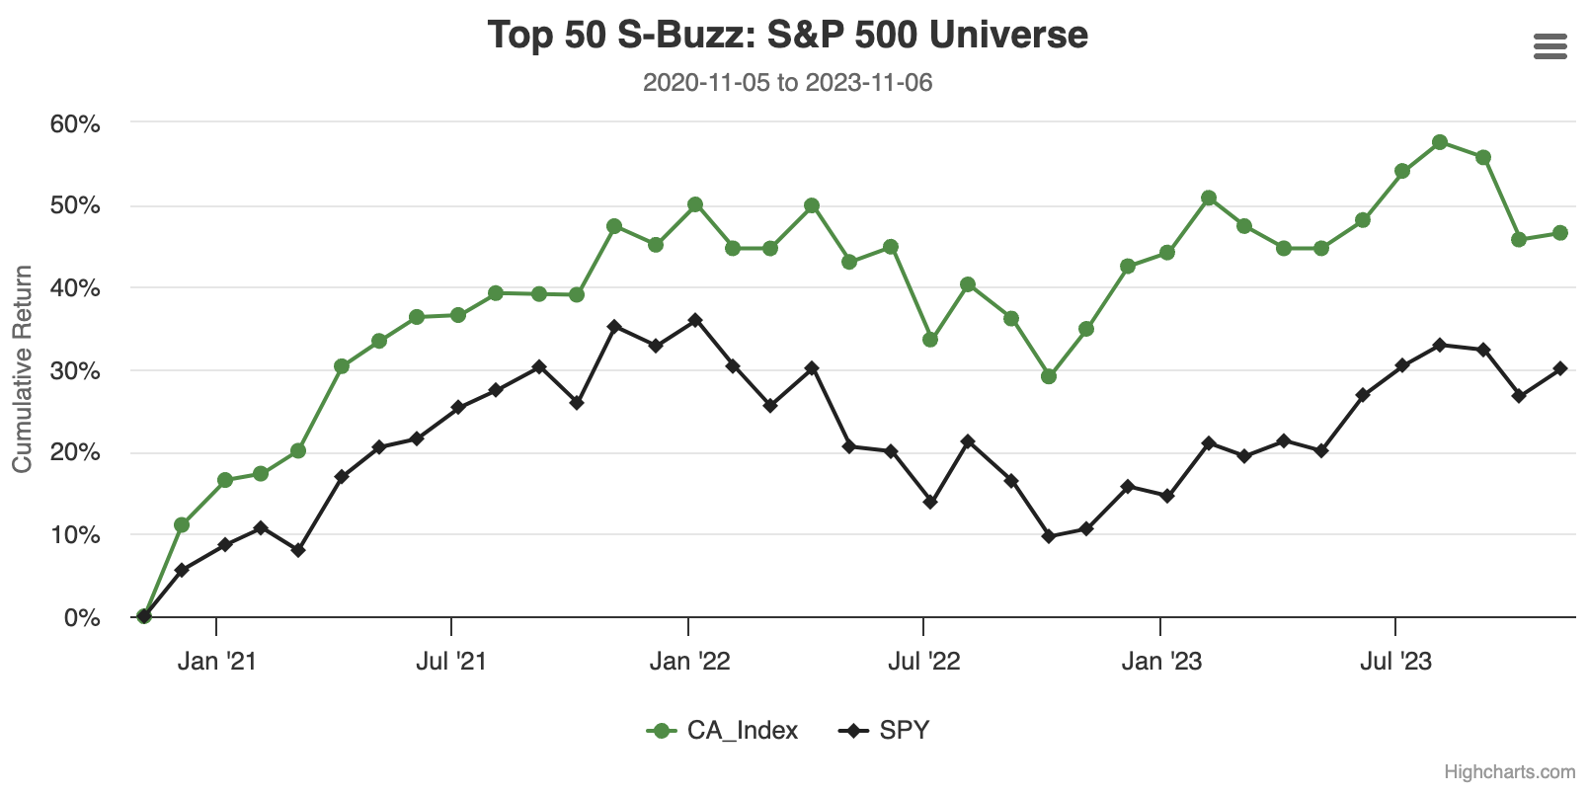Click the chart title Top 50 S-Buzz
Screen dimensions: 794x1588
click(x=787, y=36)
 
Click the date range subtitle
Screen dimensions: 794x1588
click(x=787, y=83)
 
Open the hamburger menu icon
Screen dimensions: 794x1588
click(x=1549, y=46)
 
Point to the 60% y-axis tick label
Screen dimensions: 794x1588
click(x=75, y=124)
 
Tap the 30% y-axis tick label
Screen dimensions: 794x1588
click(x=75, y=371)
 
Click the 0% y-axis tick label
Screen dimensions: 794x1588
click(x=82, y=618)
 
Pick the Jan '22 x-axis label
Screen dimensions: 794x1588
click(x=689, y=662)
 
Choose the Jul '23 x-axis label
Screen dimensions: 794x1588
click(x=1395, y=662)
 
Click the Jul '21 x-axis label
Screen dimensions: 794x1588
click(x=451, y=662)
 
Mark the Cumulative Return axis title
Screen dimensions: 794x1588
click(x=23, y=369)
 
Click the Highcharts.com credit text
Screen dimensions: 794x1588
click(x=1509, y=772)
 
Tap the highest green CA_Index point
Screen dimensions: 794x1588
click(x=1440, y=142)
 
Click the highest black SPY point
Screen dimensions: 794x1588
click(x=695, y=320)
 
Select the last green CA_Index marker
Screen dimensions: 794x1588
click(x=1560, y=233)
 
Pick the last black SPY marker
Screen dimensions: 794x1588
click(x=1560, y=368)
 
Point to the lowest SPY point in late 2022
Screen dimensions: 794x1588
click(x=1049, y=536)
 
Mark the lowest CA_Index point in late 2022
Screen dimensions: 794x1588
click(x=1049, y=376)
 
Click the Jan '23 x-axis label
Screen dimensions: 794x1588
click(x=1161, y=662)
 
